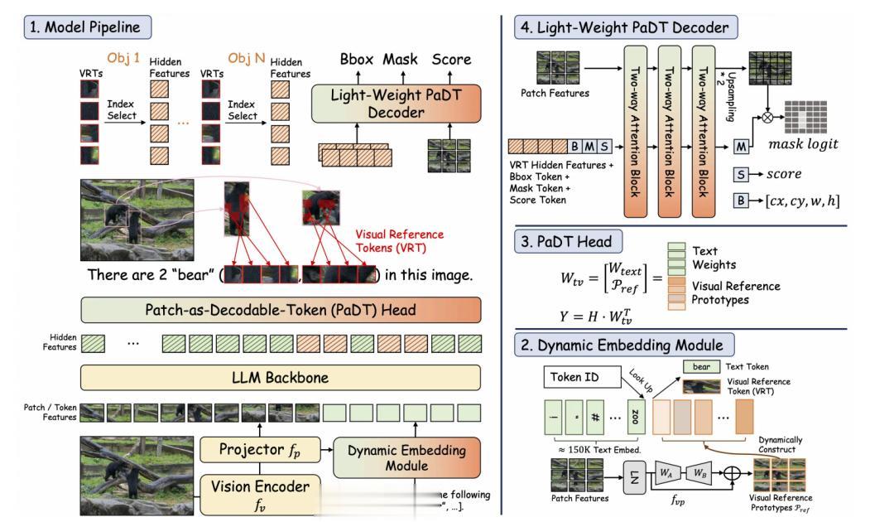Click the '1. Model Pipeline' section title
point(86,27)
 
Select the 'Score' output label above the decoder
point(451,60)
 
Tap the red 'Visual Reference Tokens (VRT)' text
point(398,240)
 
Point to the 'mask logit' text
point(804,144)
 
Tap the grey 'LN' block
point(634,479)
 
